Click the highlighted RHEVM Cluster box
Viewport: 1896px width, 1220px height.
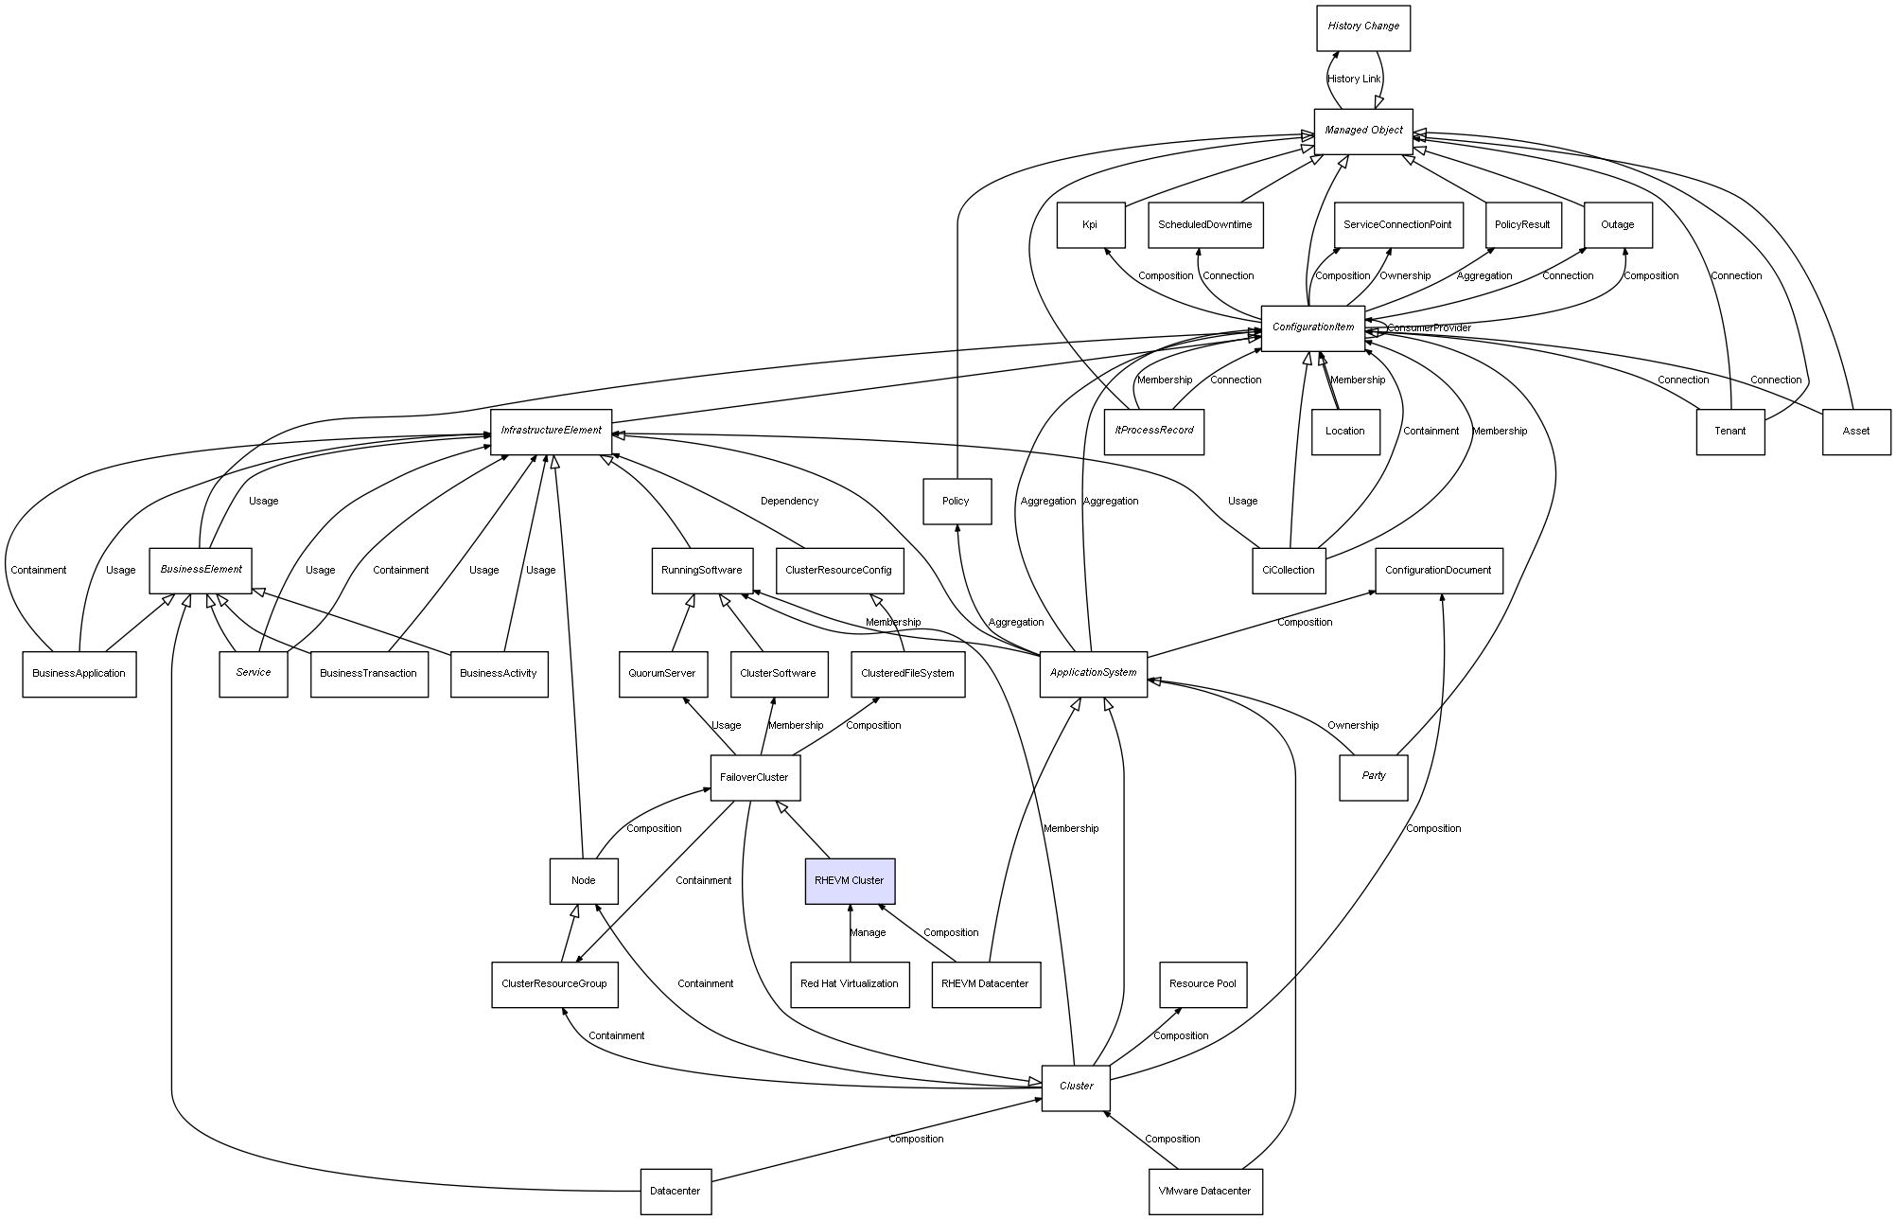850,881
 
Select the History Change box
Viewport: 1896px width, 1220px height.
1362,27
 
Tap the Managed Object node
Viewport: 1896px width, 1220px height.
1362,131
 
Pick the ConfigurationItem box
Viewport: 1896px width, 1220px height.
1312,327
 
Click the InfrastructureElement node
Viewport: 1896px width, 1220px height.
551,431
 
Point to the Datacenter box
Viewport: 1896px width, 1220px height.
675,1191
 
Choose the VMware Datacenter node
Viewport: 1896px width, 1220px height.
1204,1191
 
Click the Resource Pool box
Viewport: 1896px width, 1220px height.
1203,984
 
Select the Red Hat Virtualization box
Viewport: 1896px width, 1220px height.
849,984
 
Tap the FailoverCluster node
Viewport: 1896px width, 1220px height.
754,778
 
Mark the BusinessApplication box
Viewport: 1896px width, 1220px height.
79,674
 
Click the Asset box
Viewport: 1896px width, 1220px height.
1855,432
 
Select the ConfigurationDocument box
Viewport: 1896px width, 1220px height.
1438,571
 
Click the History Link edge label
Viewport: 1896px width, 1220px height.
1353,80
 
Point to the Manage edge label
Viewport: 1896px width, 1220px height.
867,933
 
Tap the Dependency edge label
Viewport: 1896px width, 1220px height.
789,502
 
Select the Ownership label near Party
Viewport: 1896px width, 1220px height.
1352,726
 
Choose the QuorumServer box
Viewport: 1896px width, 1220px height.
661,674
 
